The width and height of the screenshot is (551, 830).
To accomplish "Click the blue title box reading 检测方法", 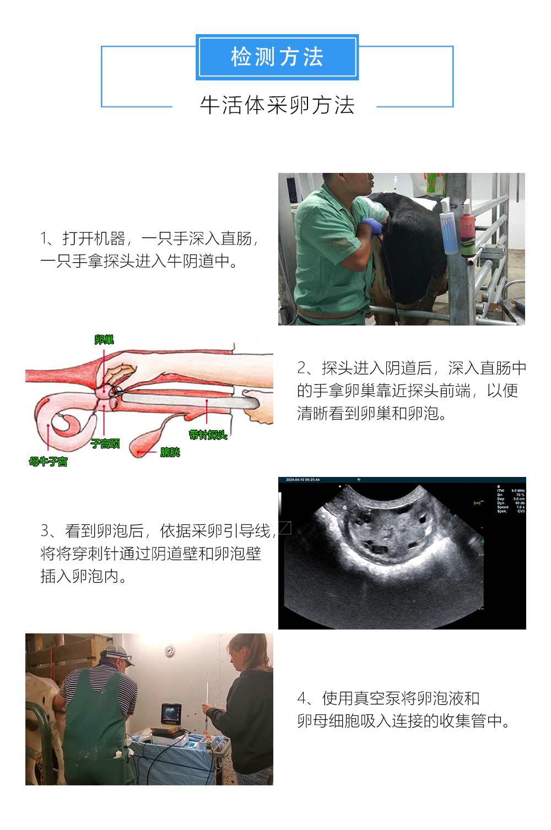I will (277, 57).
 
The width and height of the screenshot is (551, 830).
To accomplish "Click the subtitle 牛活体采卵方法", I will (277, 105).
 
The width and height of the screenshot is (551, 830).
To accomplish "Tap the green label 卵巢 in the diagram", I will (104, 340).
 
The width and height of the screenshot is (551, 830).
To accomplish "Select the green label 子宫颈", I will (105, 443).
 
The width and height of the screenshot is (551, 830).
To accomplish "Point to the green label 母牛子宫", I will (48, 462).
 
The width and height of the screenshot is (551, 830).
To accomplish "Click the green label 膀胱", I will (170, 452).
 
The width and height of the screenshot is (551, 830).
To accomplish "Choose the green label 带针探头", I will (208, 435).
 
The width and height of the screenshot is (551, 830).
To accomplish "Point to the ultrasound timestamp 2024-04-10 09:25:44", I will (302, 480).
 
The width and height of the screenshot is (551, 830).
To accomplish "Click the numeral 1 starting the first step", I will (44, 238).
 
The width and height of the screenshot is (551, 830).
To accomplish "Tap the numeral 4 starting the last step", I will (302, 698).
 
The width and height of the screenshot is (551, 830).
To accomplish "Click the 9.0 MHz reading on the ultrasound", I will (518, 490).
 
